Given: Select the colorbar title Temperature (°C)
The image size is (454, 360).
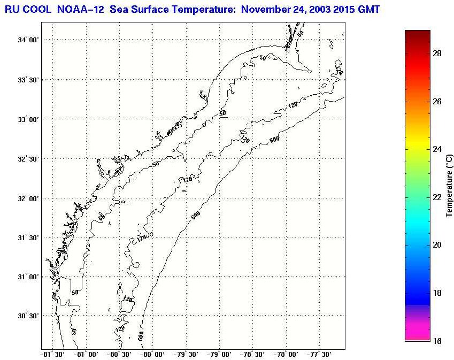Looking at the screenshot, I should pyautogui.click(x=449, y=185).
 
